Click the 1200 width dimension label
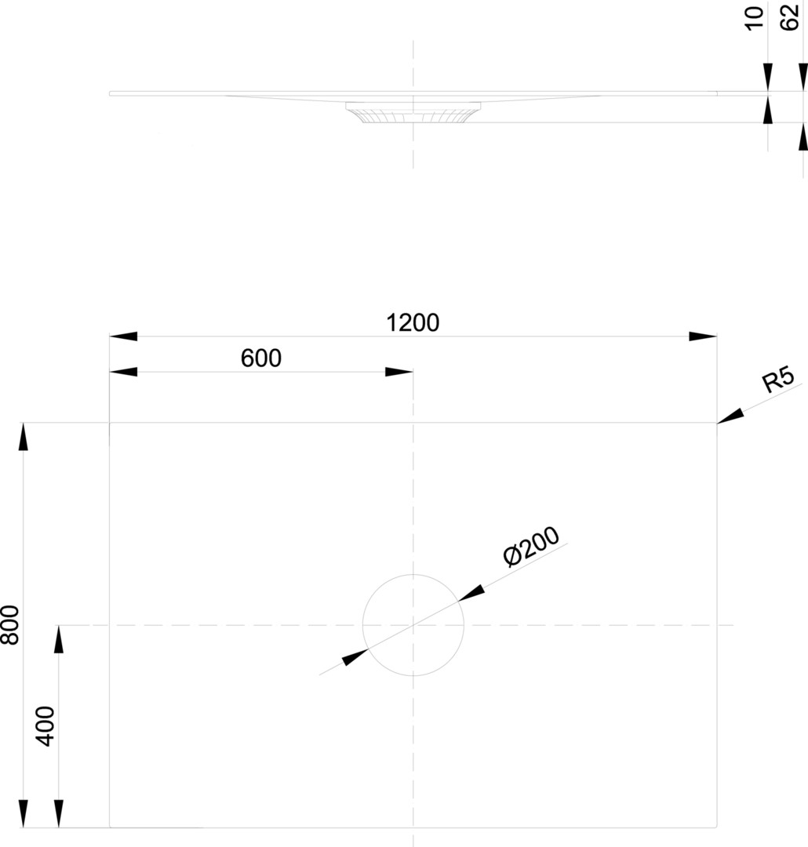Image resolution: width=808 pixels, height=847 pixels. click(413, 322)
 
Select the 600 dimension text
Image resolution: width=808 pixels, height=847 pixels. click(260, 358)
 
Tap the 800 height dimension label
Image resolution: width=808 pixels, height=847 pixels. click(10, 624)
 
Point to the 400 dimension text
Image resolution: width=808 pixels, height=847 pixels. click(46, 725)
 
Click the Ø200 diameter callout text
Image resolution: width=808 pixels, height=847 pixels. click(531, 547)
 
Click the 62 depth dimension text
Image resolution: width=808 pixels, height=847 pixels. click(791, 18)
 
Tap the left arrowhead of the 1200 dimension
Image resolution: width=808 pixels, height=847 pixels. click(123, 336)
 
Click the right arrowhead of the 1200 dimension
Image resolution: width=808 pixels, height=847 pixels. click(703, 336)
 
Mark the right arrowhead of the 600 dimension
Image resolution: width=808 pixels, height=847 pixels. click(399, 372)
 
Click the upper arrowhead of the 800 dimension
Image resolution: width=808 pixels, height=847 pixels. click(24, 436)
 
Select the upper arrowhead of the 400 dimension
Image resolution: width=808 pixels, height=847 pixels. click(59, 639)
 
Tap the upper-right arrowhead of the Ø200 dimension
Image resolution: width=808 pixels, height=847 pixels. click(471, 594)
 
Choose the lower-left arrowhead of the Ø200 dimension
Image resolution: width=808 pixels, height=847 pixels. click(355, 657)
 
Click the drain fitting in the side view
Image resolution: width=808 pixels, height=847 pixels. click(413, 113)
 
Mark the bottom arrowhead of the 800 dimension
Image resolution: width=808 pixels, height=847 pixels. click(24, 813)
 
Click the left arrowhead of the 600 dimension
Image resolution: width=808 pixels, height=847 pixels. click(123, 372)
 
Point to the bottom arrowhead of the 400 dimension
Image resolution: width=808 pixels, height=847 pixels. click(59, 813)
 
